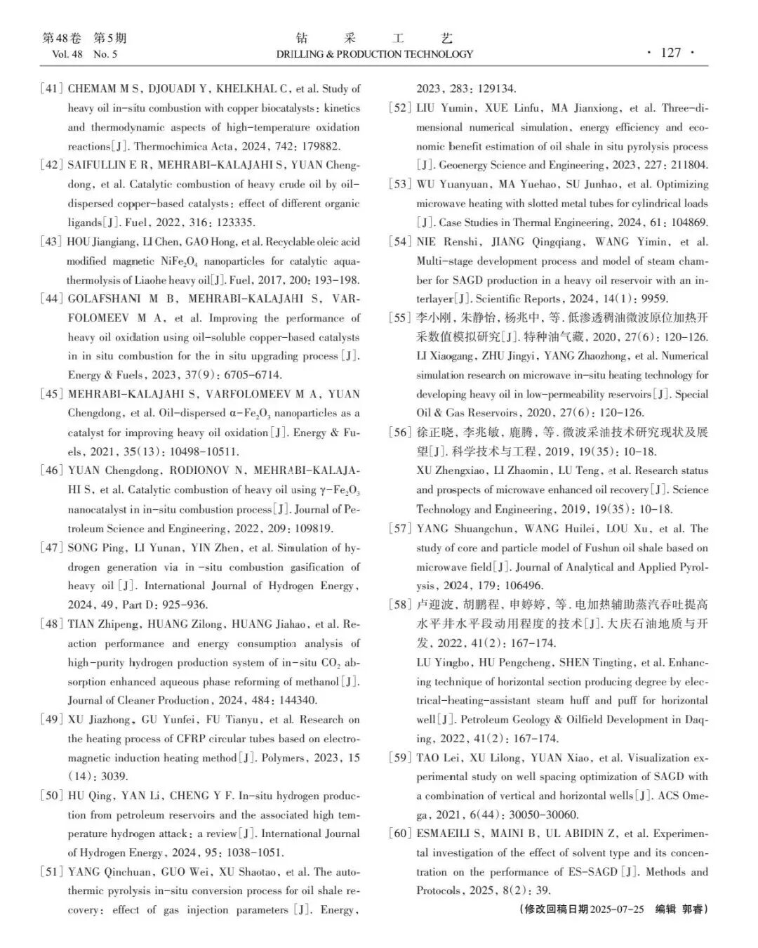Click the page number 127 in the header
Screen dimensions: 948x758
671,53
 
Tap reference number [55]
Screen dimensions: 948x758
399,317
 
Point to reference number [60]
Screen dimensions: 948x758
399,834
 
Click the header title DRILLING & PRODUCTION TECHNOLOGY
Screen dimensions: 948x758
375,54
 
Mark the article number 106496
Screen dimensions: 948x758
519,586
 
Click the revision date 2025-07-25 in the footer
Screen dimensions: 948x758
618,909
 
